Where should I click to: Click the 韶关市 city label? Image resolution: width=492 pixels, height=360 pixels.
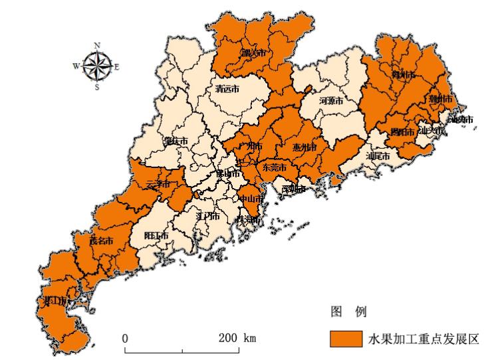pyautogui.click(x=253, y=52)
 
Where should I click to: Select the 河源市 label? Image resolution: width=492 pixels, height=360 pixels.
pyautogui.click(x=330, y=102)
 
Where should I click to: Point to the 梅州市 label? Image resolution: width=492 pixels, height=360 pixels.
pyautogui.click(x=405, y=74)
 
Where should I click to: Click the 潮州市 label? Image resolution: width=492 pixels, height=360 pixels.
pyautogui.click(x=440, y=99)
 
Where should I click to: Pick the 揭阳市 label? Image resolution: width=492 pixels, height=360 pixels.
pyautogui.click(x=403, y=132)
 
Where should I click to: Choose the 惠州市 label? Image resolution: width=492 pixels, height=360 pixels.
pyautogui.click(x=305, y=147)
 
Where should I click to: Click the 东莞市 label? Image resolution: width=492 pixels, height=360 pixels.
pyautogui.click(x=274, y=168)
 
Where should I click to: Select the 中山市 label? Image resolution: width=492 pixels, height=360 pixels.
pyautogui.click(x=252, y=198)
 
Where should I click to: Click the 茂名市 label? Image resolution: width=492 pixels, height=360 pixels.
pyautogui.click(x=101, y=241)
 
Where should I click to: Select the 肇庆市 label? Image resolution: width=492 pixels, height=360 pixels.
pyautogui.click(x=176, y=141)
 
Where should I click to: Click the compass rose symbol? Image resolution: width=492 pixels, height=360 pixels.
pyautogui.click(x=97, y=66)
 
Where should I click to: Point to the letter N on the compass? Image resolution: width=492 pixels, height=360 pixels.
pyautogui.click(x=97, y=45)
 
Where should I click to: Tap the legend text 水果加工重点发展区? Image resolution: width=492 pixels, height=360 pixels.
pyautogui.click(x=424, y=339)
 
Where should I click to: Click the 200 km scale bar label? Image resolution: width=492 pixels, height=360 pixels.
pyautogui.click(x=237, y=338)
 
